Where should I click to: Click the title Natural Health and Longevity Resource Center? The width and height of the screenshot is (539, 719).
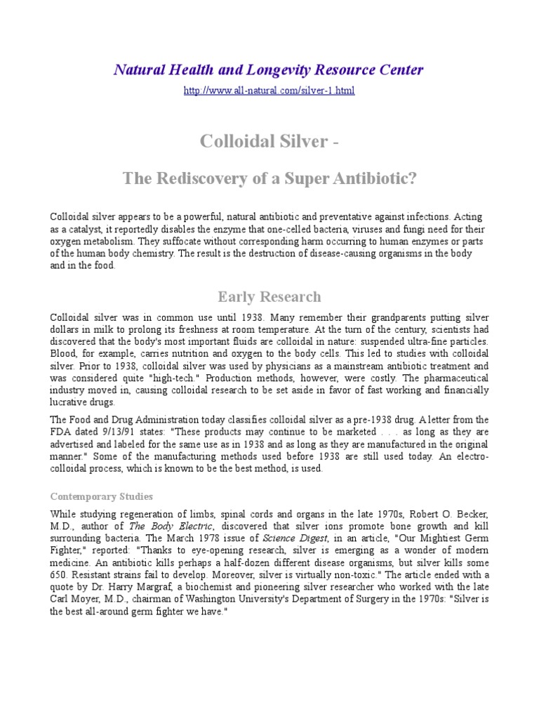click(x=269, y=70)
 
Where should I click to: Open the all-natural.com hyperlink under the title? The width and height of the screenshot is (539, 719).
click(x=269, y=91)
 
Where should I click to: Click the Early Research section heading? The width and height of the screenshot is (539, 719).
click(x=269, y=296)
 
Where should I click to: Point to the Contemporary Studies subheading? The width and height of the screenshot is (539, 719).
click(x=101, y=496)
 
